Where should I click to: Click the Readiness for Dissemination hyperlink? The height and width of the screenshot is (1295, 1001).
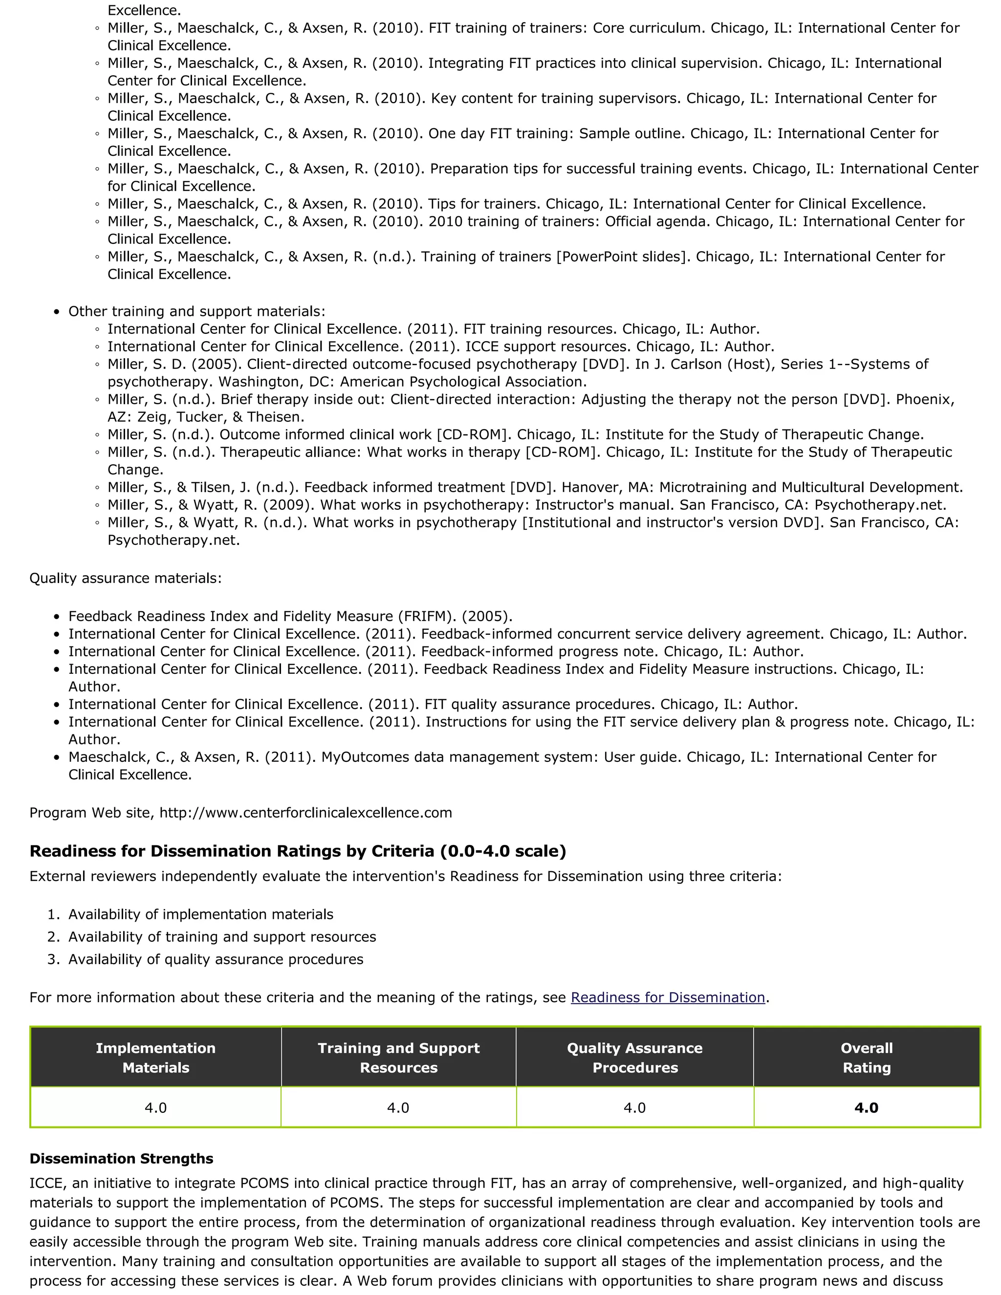coord(668,997)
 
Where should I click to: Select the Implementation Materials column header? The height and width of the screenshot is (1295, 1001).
coord(156,1058)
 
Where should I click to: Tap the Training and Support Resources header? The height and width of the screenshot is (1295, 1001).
coord(398,1058)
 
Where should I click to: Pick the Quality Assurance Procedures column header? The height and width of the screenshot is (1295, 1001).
coord(634,1058)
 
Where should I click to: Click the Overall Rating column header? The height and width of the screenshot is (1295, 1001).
coord(867,1058)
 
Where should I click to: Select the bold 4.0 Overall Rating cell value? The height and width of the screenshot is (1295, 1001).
coord(867,1108)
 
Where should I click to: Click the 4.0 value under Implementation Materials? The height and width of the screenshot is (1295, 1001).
coord(156,1108)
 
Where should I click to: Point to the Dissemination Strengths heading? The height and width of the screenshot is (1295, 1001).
coord(122,1159)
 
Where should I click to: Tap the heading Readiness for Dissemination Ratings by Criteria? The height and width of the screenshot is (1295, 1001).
coord(298,851)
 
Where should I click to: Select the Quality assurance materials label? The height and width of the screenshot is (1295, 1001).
coord(125,578)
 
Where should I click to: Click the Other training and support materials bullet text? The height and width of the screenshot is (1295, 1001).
coord(196,311)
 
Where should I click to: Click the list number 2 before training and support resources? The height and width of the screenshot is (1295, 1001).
coord(53,937)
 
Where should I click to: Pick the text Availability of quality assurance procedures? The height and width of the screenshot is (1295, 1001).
coord(216,959)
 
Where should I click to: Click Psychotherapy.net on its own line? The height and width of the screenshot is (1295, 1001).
coord(173,540)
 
